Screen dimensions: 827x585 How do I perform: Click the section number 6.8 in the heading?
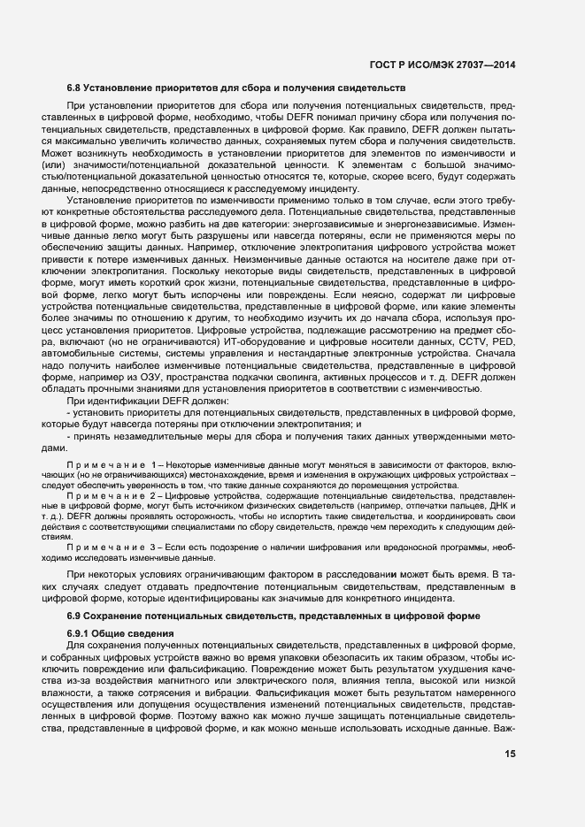point(75,88)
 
